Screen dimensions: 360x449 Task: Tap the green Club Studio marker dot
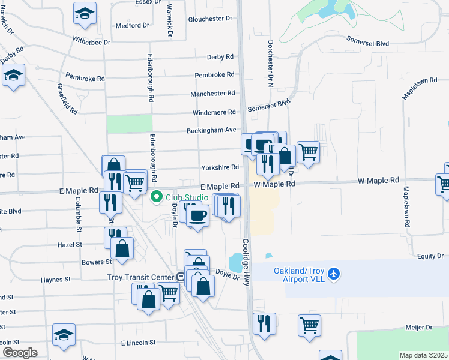[157, 196]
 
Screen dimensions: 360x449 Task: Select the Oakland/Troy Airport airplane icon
[334, 274]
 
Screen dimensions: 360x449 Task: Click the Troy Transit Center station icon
[180, 277]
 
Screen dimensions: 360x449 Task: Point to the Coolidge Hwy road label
[246, 263]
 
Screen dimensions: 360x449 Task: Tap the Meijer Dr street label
[420, 327]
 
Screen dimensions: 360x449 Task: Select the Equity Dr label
[430, 256]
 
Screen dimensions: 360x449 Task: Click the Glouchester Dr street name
[210, 19]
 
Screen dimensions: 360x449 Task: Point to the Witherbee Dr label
[92, 42]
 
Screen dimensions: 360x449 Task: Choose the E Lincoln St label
[138, 343]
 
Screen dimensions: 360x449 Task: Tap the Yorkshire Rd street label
[220, 167]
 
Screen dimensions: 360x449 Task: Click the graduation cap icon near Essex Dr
[85, 13]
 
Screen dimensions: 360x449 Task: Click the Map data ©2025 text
[423, 355]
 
